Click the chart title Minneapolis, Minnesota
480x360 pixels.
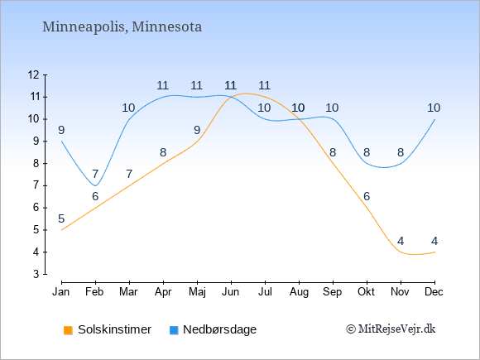122,27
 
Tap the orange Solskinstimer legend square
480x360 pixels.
68,330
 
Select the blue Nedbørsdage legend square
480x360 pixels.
174,330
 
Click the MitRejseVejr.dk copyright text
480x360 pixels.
391,329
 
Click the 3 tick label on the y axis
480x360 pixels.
36,274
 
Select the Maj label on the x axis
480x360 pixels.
197,292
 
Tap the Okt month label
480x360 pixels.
366,292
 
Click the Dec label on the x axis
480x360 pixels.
434,292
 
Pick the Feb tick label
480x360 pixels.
94,292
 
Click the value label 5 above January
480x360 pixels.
61,218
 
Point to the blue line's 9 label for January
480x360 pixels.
61,131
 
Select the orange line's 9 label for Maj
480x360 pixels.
197,131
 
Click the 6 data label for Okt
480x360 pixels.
367,196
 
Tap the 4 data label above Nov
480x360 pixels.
401,241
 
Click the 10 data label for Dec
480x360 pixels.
434,108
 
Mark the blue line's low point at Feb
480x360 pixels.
95,185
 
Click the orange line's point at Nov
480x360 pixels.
401,252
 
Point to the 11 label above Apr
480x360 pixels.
163,86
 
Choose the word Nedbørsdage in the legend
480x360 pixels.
220,329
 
